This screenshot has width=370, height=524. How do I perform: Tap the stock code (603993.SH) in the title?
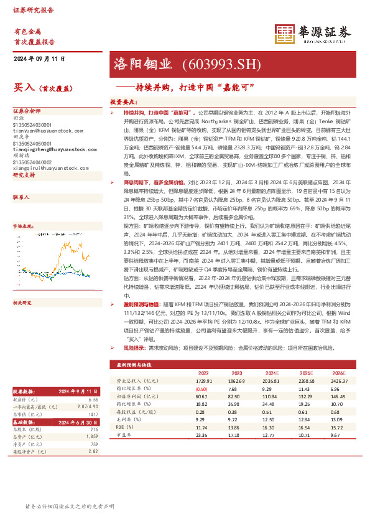click(218, 63)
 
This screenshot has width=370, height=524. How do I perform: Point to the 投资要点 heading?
click(123, 101)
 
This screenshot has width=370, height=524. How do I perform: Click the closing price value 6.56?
click(93, 400)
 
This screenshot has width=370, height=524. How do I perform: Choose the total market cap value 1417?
click(93, 414)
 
